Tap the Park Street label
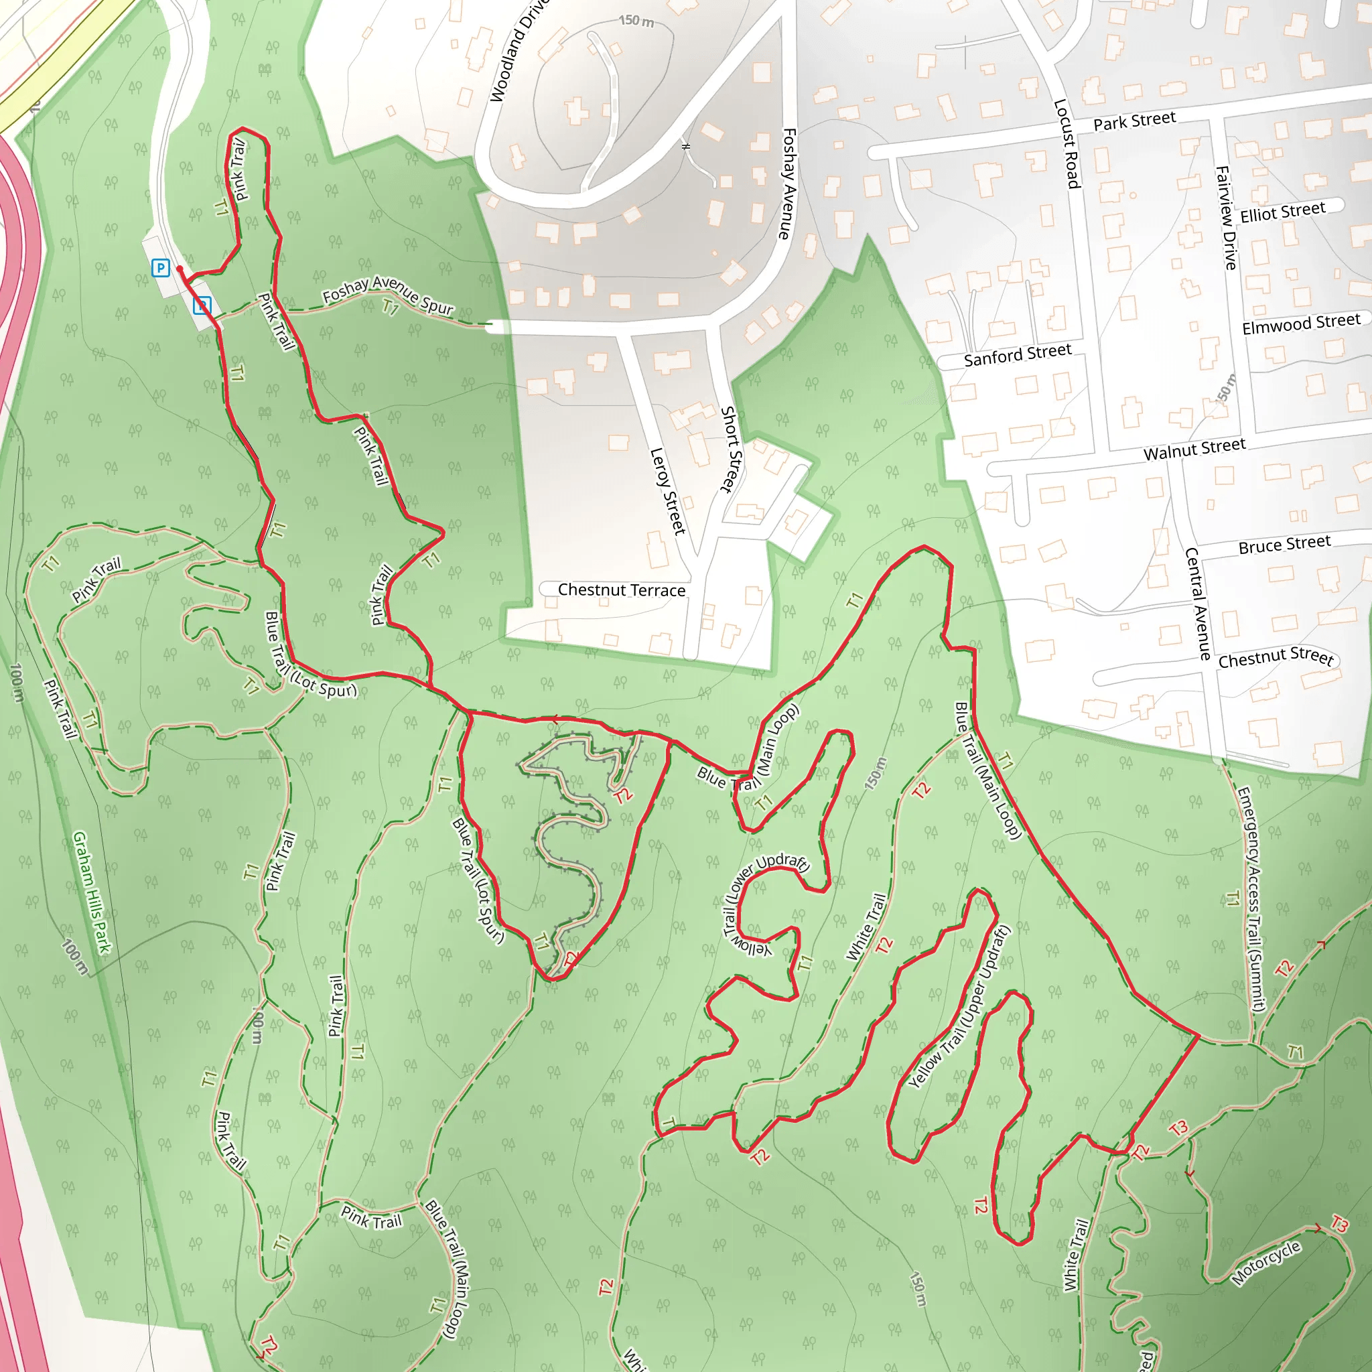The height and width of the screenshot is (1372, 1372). click(1134, 121)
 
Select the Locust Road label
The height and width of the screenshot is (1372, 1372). click(1067, 144)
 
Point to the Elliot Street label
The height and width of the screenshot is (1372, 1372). click(1282, 212)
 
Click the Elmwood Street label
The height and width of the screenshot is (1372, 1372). click(1301, 323)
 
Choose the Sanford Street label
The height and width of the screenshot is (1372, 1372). click(1017, 355)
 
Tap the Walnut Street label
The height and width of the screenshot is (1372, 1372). click(1194, 450)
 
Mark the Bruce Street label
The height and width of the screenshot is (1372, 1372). click(1284, 545)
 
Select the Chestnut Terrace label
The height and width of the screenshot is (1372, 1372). click(622, 590)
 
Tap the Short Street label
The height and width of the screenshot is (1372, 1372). click(730, 450)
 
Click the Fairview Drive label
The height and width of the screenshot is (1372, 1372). click(1227, 218)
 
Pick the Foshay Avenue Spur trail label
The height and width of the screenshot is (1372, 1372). click(388, 295)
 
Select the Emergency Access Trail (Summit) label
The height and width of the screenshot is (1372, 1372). click(1251, 898)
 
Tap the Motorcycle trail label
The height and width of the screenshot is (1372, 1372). click(1266, 1263)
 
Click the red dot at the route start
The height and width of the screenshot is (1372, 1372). click(180, 269)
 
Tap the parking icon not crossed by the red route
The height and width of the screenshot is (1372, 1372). click(161, 268)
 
